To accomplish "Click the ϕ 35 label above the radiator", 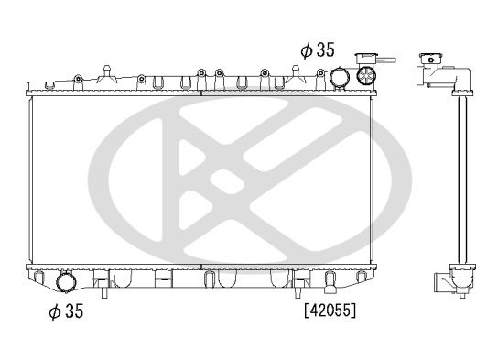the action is (x=318, y=50).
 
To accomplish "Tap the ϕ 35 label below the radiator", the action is (x=66, y=311).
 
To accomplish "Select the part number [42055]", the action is (x=330, y=310).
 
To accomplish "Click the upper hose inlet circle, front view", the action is (x=340, y=77).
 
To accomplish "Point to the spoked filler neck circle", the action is (x=366, y=75).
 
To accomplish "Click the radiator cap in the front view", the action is (x=366, y=59).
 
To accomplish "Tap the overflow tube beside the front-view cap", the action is (x=387, y=60).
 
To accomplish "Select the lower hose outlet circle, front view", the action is (x=66, y=282).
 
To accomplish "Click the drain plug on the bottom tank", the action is (x=330, y=282).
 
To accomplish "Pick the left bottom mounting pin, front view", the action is (x=104, y=292).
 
